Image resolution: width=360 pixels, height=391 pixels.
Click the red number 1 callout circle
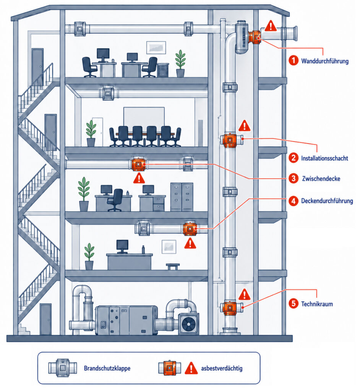(294, 60)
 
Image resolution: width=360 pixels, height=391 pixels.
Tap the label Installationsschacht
(324, 158)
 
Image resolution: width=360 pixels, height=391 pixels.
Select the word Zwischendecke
(321, 179)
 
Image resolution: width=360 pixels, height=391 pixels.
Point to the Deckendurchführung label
(327, 201)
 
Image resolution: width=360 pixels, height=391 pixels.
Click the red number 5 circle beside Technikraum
(294, 304)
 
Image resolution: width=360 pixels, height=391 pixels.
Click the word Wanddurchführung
(325, 61)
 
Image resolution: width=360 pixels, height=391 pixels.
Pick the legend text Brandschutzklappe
(107, 368)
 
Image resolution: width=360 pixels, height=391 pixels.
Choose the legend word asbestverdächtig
(222, 368)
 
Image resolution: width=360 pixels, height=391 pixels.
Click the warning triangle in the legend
(191, 368)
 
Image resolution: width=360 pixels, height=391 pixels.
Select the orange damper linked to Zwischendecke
(138, 164)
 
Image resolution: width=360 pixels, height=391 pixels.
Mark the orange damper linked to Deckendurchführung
(190, 229)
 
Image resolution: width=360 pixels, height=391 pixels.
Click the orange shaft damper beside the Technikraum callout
(230, 307)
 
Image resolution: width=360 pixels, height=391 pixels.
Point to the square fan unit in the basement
(188, 324)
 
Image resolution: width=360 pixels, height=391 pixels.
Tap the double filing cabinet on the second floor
(182, 197)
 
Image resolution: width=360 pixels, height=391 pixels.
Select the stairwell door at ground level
(46, 319)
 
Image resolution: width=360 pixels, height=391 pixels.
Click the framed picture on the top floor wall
(156, 47)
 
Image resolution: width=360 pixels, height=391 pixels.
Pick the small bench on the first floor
(173, 267)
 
